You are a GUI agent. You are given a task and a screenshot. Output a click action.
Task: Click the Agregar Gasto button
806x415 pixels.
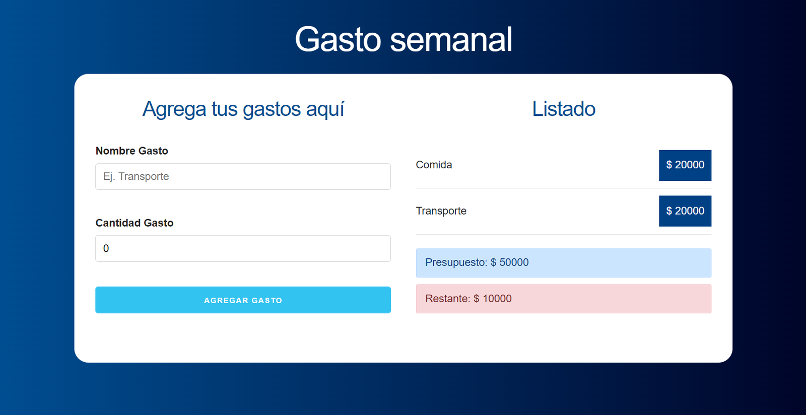click(x=243, y=300)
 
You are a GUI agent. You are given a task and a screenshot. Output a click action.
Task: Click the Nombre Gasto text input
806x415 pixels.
click(x=243, y=177)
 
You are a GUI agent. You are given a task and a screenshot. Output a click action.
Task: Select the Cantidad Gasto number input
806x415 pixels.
click(x=243, y=248)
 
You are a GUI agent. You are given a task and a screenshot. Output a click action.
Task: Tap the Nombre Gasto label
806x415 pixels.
click(x=131, y=151)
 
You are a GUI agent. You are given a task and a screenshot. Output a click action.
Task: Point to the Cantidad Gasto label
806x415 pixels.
click(x=135, y=223)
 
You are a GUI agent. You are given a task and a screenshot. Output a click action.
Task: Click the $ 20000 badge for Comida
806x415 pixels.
click(x=685, y=165)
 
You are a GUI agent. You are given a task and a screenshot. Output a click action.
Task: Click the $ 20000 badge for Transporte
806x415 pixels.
click(x=685, y=211)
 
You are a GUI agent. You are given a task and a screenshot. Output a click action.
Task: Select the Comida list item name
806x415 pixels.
click(x=434, y=165)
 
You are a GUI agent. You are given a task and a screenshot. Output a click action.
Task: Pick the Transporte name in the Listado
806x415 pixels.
click(x=441, y=211)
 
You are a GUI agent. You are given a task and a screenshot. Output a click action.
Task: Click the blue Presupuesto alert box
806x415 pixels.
click(x=564, y=263)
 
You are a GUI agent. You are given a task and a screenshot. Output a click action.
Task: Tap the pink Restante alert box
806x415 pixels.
click(x=564, y=299)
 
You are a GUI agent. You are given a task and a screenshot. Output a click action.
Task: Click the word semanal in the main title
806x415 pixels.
click(x=451, y=39)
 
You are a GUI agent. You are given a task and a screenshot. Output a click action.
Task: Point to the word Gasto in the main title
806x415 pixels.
click(x=338, y=39)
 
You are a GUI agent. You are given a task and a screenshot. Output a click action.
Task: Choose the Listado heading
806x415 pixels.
click(x=564, y=109)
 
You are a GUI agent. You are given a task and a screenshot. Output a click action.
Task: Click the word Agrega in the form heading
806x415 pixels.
click(x=174, y=109)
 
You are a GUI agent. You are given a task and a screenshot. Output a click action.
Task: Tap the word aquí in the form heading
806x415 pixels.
click(x=325, y=109)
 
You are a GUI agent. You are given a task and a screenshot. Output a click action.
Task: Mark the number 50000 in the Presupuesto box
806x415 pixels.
click(x=514, y=262)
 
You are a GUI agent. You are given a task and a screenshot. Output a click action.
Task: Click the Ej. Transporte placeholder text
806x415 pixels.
click(x=136, y=177)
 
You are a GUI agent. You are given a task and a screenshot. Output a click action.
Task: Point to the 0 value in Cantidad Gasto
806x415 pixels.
click(x=106, y=248)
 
